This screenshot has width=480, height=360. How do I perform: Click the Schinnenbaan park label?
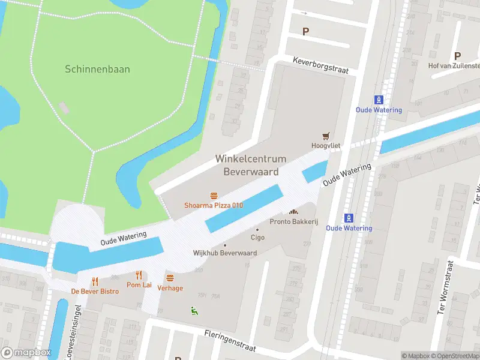pyautogui.click(x=97, y=69)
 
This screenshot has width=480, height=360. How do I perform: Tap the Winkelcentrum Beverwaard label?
pyautogui.click(x=251, y=165)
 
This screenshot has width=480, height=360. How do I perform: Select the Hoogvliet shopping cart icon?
pyautogui.click(x=327, y=136)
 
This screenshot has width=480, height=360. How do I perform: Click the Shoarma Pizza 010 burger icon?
pyautogui.click(x=214, y=196)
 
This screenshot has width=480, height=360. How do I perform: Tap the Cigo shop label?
pyautogui.click(x=257, y=237)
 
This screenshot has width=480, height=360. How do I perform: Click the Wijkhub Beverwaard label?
pyautogui.click(x=225, y=253)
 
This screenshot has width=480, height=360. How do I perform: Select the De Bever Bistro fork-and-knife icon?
pyautogui.click(x=95, y=281)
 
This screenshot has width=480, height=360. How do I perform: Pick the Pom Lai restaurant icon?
pyautogui.click(x=139, y=275)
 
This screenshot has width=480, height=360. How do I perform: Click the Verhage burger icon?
pyautogui.click(x=170, y=278)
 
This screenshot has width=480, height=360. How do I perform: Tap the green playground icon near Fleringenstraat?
pyautogui.click(x=194, y=310)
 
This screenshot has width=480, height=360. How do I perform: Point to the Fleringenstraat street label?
pyautogui.click(x=230, y=340)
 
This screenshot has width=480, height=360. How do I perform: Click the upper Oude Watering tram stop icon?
pyautogui.click(x=379, y=100)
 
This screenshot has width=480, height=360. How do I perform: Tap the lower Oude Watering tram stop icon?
pyautogui.click(x=349, y=218)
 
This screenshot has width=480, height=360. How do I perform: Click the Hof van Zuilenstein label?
pyautogui.click(x=454, y=65)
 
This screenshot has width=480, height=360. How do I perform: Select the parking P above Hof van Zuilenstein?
pyautogui.click(x=457, y=55)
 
